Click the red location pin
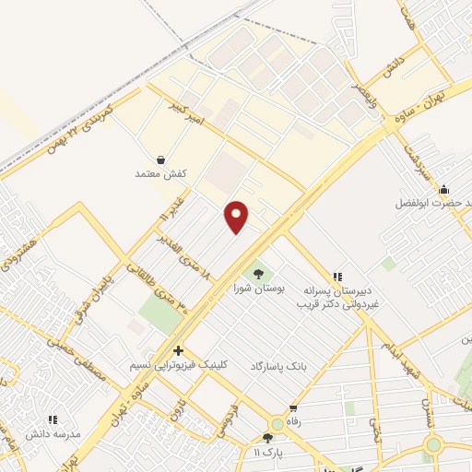[x=237, y=217]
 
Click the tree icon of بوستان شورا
[x=258, y=272]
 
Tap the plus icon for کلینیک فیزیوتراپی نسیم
[x=178, y=350]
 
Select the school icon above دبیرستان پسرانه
[x=337, y=275]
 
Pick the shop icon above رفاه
[x=293, y=408]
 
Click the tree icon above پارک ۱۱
[x=267, y=438]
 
